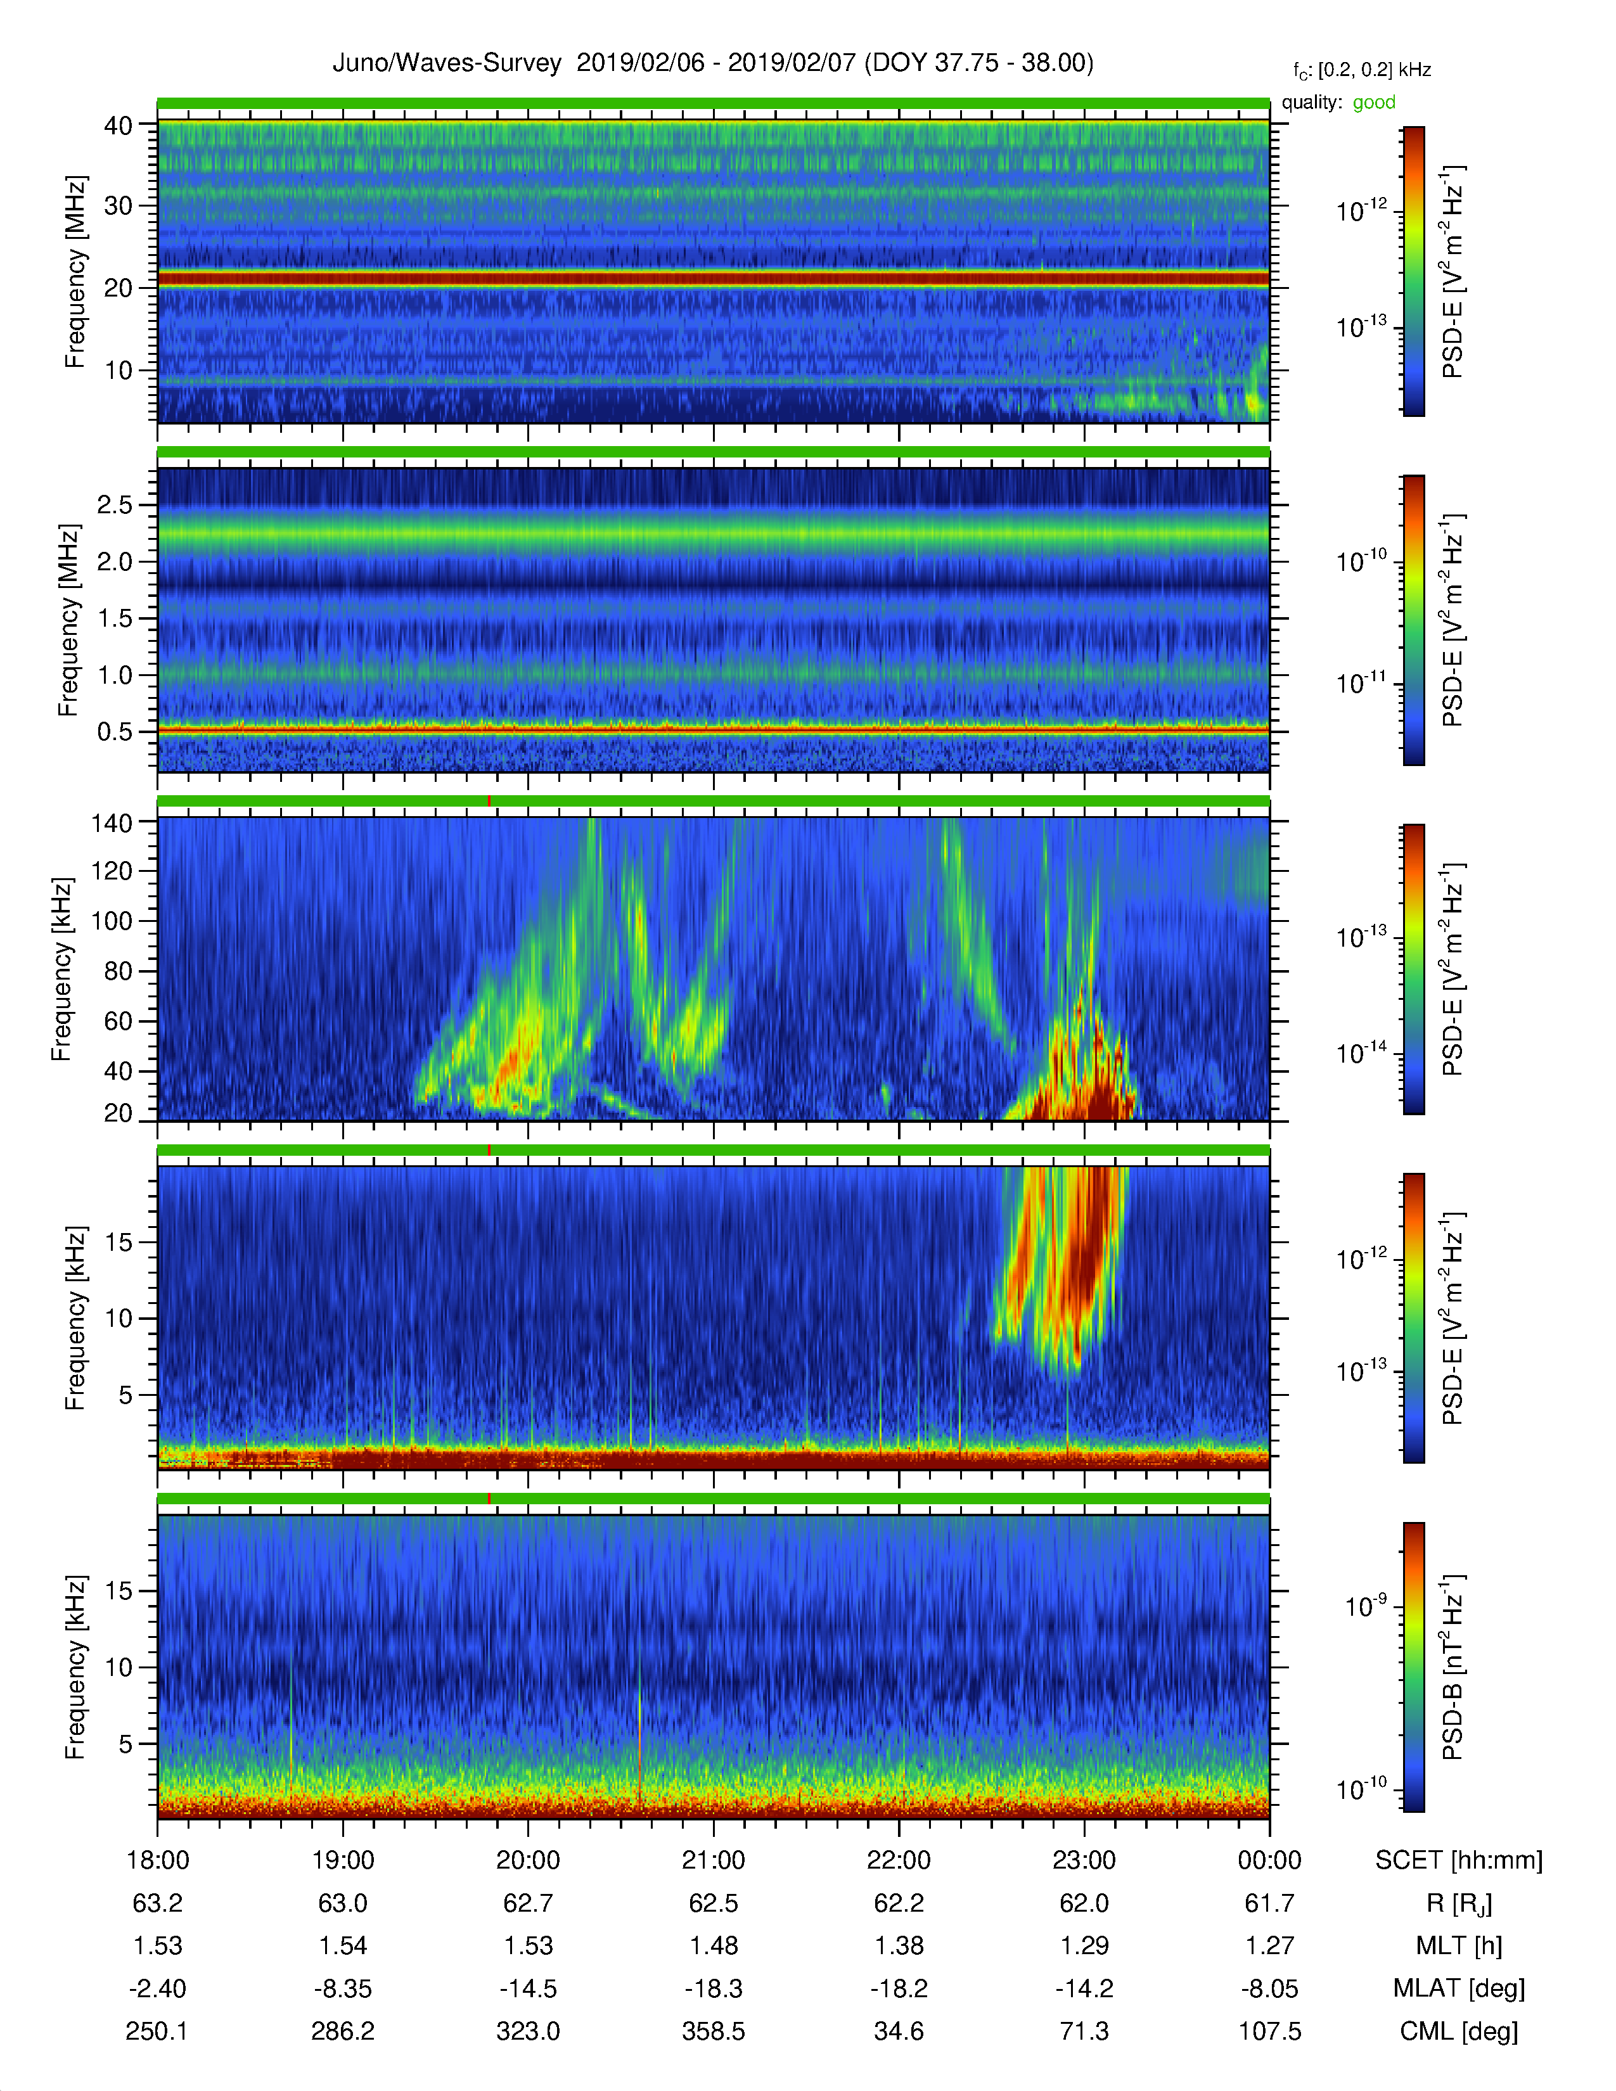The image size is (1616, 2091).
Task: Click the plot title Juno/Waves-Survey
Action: [x=446, y=63]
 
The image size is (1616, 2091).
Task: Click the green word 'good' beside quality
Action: [x=1374, y=103]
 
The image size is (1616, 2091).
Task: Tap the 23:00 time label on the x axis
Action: [x=1084, y=1860]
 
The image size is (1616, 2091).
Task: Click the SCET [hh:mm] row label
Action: [x=1459, y=1860]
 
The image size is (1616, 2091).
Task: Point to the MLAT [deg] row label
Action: [x=1459, y=1988]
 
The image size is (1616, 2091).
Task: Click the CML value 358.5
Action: [x=713, y=2031]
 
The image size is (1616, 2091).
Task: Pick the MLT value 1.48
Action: [x=713, y=1945]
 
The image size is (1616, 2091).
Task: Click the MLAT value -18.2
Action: [x=899, y=1988]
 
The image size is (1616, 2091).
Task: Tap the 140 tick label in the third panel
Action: [x=111, y=822]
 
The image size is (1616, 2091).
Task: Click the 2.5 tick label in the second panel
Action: [x=115, y=504]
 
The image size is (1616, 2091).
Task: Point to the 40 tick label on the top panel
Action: [x=119, y=125]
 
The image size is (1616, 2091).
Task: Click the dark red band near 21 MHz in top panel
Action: [x=713, y=279]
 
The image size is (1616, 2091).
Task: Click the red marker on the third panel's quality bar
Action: [x=489, y=800]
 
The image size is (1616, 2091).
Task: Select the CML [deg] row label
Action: [x=1459, y=2031]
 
